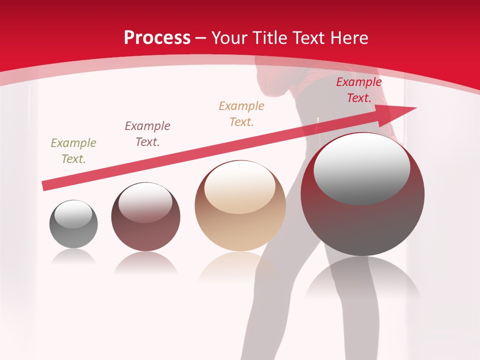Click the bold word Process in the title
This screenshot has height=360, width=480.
pos(157,38)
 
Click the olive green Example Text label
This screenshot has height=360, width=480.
pos(73,151)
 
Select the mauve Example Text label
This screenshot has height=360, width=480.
pos(147,134)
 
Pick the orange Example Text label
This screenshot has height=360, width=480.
pos(241,114)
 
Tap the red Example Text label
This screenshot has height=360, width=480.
pos(358,90)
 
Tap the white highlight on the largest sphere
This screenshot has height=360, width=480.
pos(361,168)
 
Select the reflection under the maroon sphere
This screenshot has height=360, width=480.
pos(145,262)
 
